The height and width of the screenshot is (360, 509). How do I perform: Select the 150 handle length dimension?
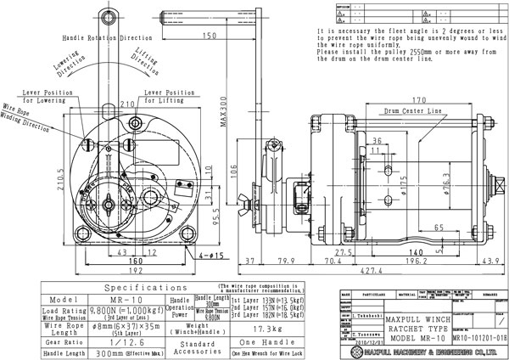(x=210, y=35)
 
